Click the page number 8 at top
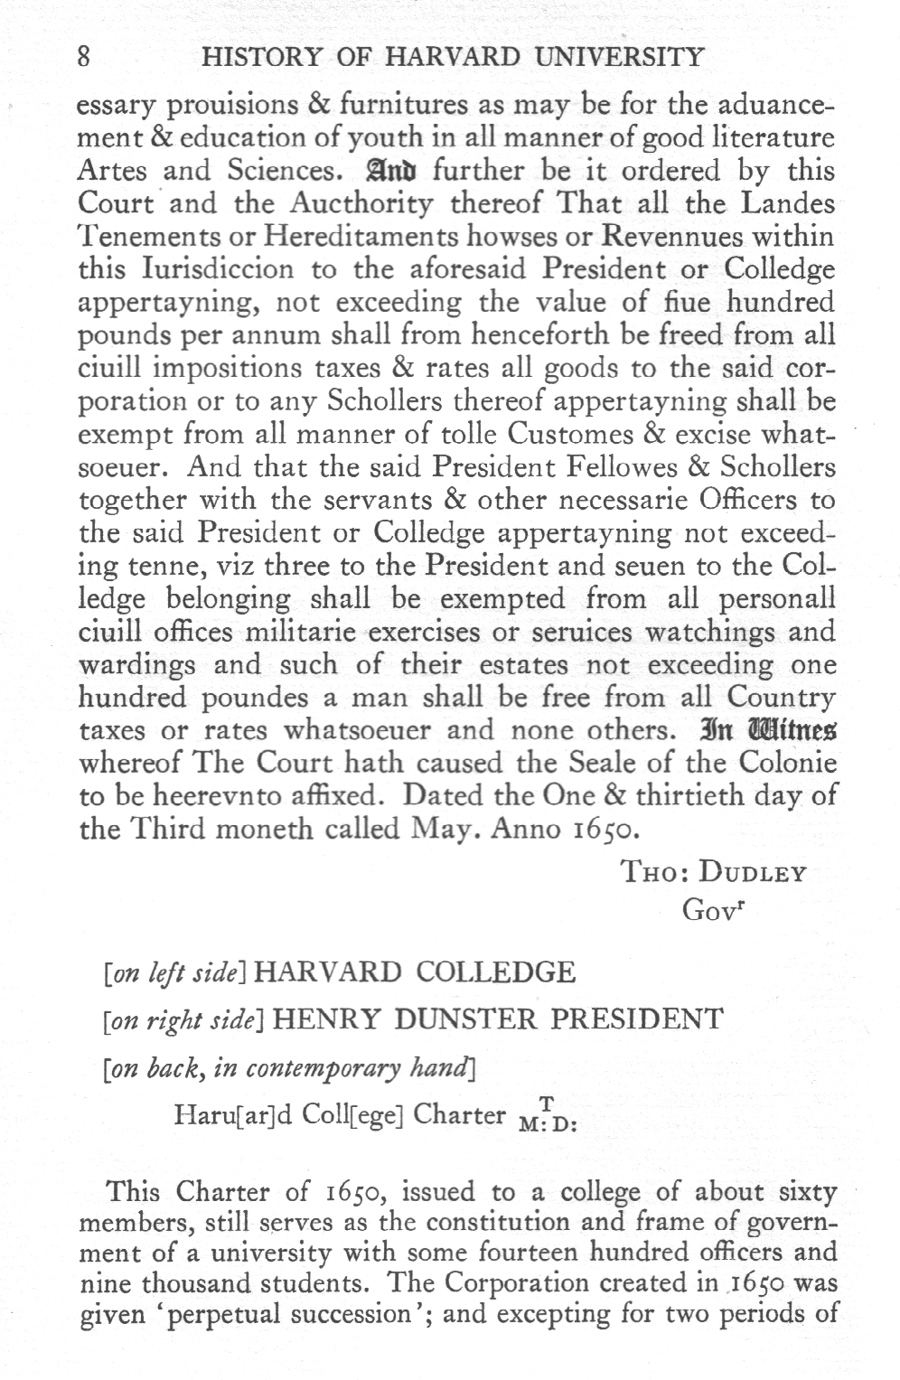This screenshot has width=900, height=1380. [x=83, y=58]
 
